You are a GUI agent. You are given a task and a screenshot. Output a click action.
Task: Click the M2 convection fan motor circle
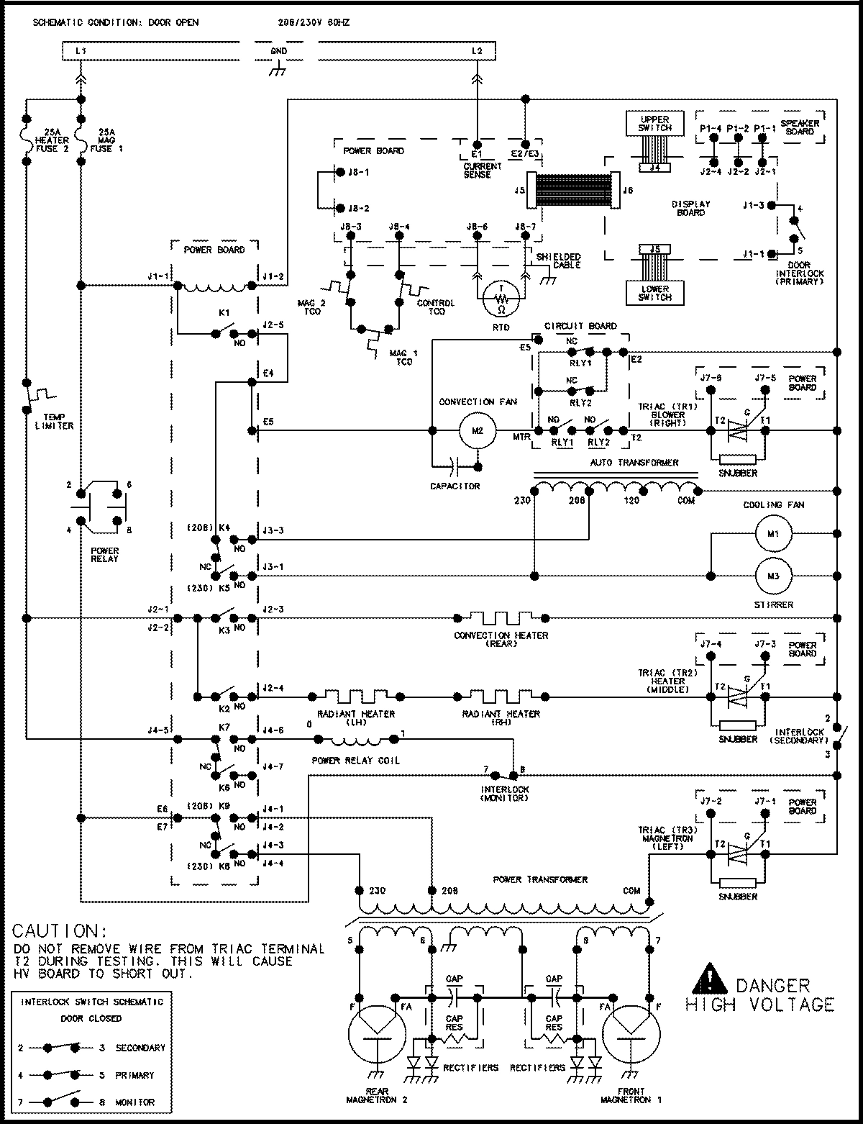tap(478, 431)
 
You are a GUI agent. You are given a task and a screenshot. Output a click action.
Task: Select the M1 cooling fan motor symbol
tap(772, 533)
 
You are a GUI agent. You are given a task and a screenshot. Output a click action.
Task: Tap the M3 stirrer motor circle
tap(772, 575)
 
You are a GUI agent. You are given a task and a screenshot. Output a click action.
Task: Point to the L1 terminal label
tap(81, 51)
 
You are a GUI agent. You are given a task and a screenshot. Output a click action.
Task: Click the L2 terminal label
tap(477, 51)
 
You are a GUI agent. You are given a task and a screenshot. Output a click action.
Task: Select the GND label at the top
tap(278, 51)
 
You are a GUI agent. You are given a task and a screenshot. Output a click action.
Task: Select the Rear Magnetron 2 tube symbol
tap(376, 1030)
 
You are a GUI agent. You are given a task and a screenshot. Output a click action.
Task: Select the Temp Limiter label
tap(54, 421)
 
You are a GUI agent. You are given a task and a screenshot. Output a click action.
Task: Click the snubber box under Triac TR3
tap(737, 881)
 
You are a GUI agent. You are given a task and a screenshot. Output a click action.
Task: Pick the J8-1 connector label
tap(358, 173)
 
